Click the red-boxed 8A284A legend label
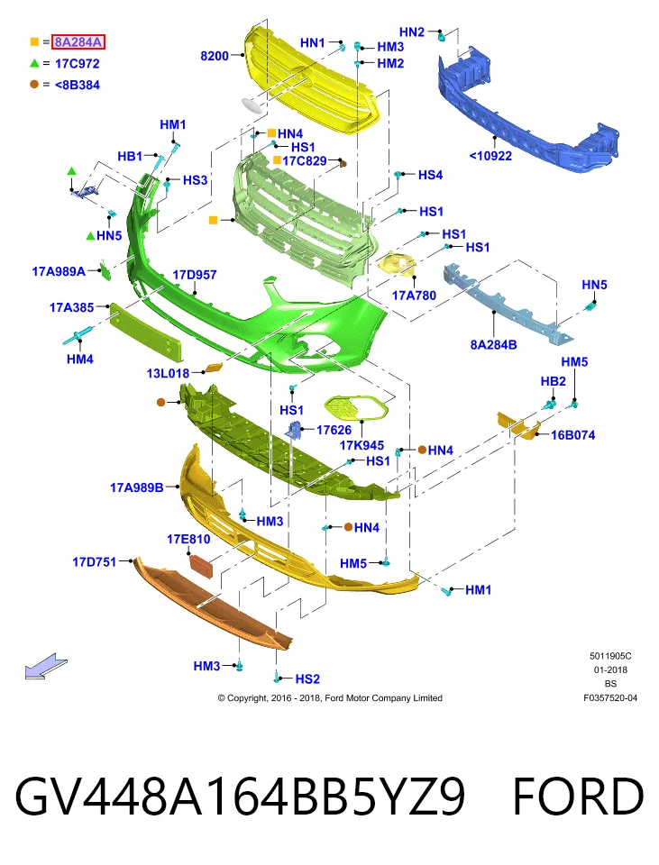coord(78,42)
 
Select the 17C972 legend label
coord(78,63)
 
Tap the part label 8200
coord(215,56)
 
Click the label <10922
coord(490,156)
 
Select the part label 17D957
coord(195,275)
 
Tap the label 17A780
coord(414,296)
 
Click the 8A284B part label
coord(493,345)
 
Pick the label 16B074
coord(572,435)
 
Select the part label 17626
coord(334,430)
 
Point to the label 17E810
coord(188,539)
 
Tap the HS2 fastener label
coord(307,678)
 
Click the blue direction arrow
coord(46,666)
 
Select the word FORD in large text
coord(578,797)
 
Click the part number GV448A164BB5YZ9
coord(240,797)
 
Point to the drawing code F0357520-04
coord(610,697)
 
